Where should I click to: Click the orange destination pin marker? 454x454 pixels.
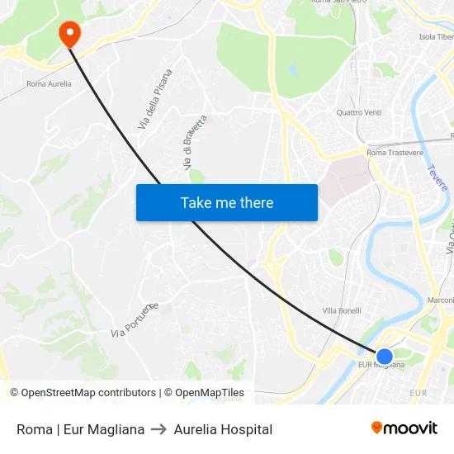tap(69, 33)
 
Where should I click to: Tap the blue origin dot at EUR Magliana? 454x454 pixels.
tap(385, 357)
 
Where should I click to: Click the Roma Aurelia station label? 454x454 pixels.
tap(49, 83)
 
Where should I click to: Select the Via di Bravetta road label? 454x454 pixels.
tap(192, 144)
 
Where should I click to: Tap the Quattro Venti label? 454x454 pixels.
tap(359, 112)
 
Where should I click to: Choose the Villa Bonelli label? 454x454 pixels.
tap(342, 310)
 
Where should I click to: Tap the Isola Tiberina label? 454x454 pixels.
tap(437, 37)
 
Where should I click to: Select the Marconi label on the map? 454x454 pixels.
tap(440, 300)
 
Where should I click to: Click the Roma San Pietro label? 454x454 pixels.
tap(338, 2)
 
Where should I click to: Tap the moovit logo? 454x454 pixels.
tap(404, 428)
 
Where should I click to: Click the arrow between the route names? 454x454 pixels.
tap(159, 429)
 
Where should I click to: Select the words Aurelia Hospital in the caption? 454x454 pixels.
tap(223, 429)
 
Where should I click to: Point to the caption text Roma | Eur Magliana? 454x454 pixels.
tap(80, 429)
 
